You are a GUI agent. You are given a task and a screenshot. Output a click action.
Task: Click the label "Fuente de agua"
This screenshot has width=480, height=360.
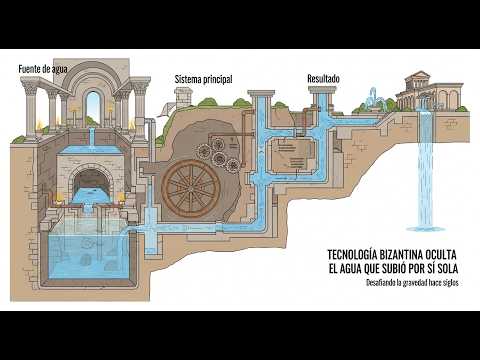pyautogui.click(x=43, y=69)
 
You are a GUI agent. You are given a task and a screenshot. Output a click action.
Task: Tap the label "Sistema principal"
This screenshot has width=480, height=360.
pyautogui.click(x=204, y=79)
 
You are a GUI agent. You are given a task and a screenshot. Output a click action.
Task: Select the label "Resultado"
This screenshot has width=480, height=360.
pyautogui.click(x=323, y=79)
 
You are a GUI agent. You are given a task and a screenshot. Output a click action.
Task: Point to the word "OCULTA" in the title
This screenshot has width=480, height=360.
pyautogui.click(x=441, y=255)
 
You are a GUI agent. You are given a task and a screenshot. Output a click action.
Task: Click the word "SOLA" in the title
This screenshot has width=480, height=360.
pyautogui.click(x=446, y=269)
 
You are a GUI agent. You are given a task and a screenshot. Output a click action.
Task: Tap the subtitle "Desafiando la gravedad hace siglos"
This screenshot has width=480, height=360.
pyautogui.click(x=412, y=283)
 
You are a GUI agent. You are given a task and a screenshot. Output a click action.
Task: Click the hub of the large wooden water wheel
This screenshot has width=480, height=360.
pyautogui.click(x=192, y=188)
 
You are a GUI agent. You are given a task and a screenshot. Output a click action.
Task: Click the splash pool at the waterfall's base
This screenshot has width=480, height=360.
pyautogui.click(x=426, y=229)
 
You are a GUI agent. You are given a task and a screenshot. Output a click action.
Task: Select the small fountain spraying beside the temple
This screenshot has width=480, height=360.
pyautogui.click(x=374, y=99)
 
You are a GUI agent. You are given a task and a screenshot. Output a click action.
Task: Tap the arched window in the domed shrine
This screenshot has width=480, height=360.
pyautogui.click(x=93, y=104)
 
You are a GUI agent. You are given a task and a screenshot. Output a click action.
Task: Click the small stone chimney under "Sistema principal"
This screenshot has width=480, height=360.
pyautogui.click(x=182, y=98)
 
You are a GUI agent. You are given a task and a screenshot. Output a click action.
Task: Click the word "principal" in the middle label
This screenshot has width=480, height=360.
pyautogui.click(x=218, y=79)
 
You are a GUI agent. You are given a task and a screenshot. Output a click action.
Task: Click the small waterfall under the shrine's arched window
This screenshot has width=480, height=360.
pyautogui.click(x=92, y=137)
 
